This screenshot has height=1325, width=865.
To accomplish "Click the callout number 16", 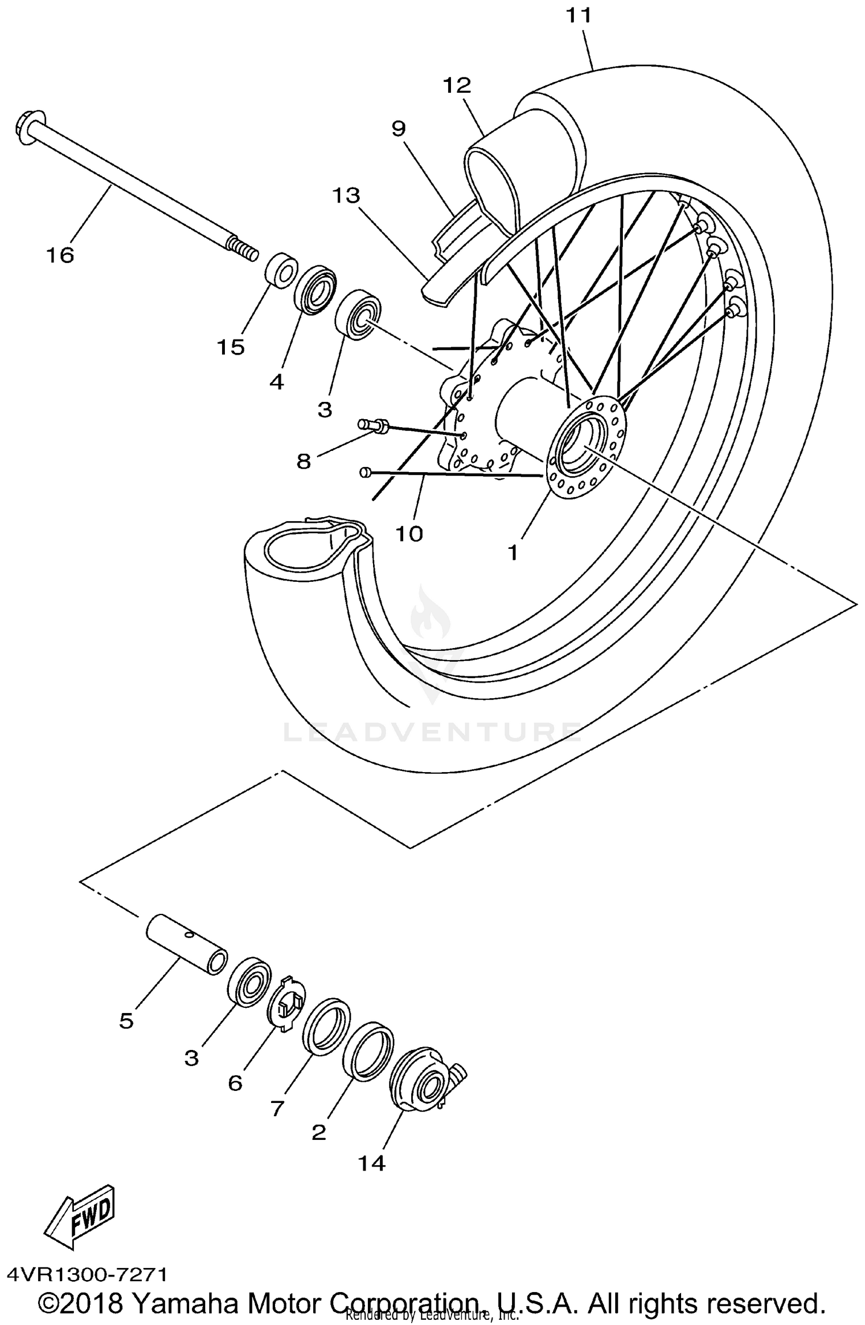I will (61, 254).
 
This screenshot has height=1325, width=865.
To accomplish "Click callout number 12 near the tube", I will (457, 86).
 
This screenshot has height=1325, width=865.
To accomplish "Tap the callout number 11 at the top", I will (578, 16).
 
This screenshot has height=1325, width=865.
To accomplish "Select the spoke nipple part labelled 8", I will (374, 425).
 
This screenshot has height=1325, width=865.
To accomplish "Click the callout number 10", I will (409, 534).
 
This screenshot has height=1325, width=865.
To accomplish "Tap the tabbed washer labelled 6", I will (287, 1006).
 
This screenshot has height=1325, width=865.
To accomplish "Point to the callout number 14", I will (371, 1164).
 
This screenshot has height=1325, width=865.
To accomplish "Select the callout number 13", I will (346, 195).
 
